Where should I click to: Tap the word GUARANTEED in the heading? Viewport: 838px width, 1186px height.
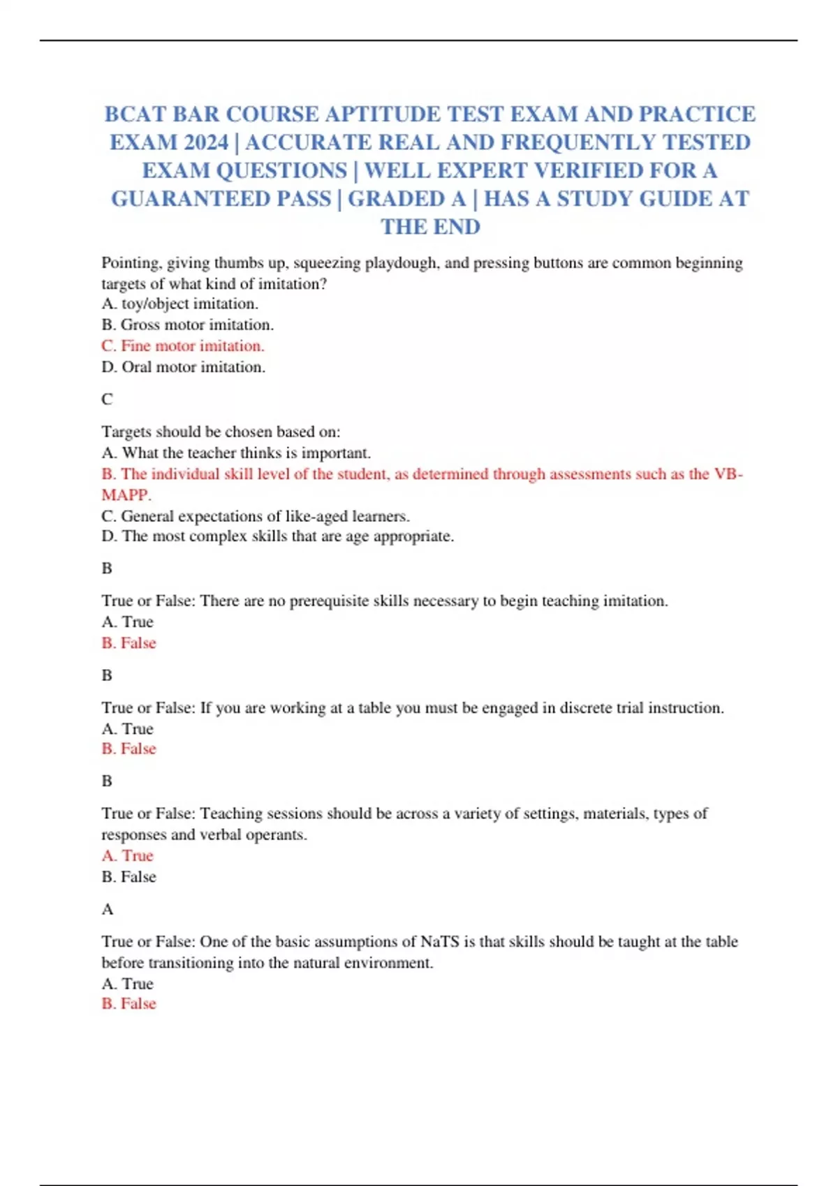click(x=221, y=199)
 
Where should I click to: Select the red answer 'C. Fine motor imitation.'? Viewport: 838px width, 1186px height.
click(x=183, y=346)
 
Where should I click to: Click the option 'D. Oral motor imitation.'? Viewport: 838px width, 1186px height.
click(x=183, y=367)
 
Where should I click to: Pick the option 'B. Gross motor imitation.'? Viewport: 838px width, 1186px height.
click(x=187, y=325)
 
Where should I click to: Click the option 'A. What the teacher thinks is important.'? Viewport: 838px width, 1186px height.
click(x=236, y=453)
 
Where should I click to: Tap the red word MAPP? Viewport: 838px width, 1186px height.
click(x=126, y=495)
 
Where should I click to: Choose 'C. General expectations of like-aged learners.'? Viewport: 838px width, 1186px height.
click(x=256, y=516)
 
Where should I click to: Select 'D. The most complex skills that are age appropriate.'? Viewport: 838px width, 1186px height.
click(x=278, y=536)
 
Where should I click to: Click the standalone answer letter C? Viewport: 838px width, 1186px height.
click(x=107, y=400)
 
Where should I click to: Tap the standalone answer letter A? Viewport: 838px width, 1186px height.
click(x=107, y=910)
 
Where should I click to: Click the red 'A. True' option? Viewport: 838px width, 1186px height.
click(x=127, y=856)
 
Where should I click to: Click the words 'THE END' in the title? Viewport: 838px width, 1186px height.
click(x=430, y=227)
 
